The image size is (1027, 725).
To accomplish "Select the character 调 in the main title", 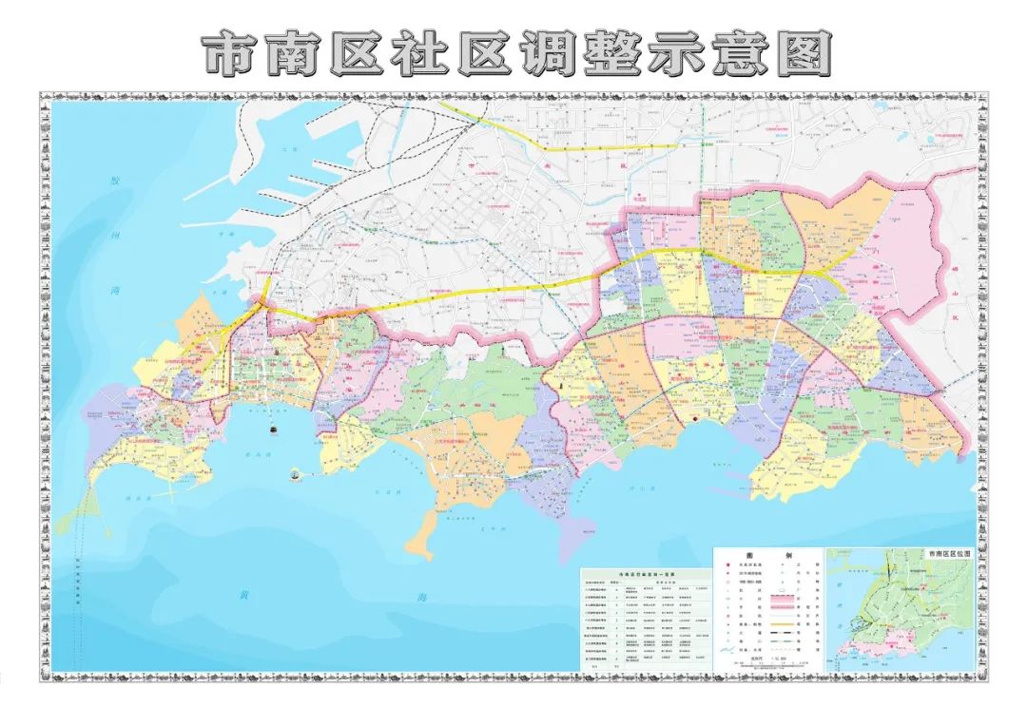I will (x=550, y=54).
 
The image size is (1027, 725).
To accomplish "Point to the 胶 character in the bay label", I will (x=114, y=181).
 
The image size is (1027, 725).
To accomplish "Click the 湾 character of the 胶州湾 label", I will (x=114, y=278).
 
